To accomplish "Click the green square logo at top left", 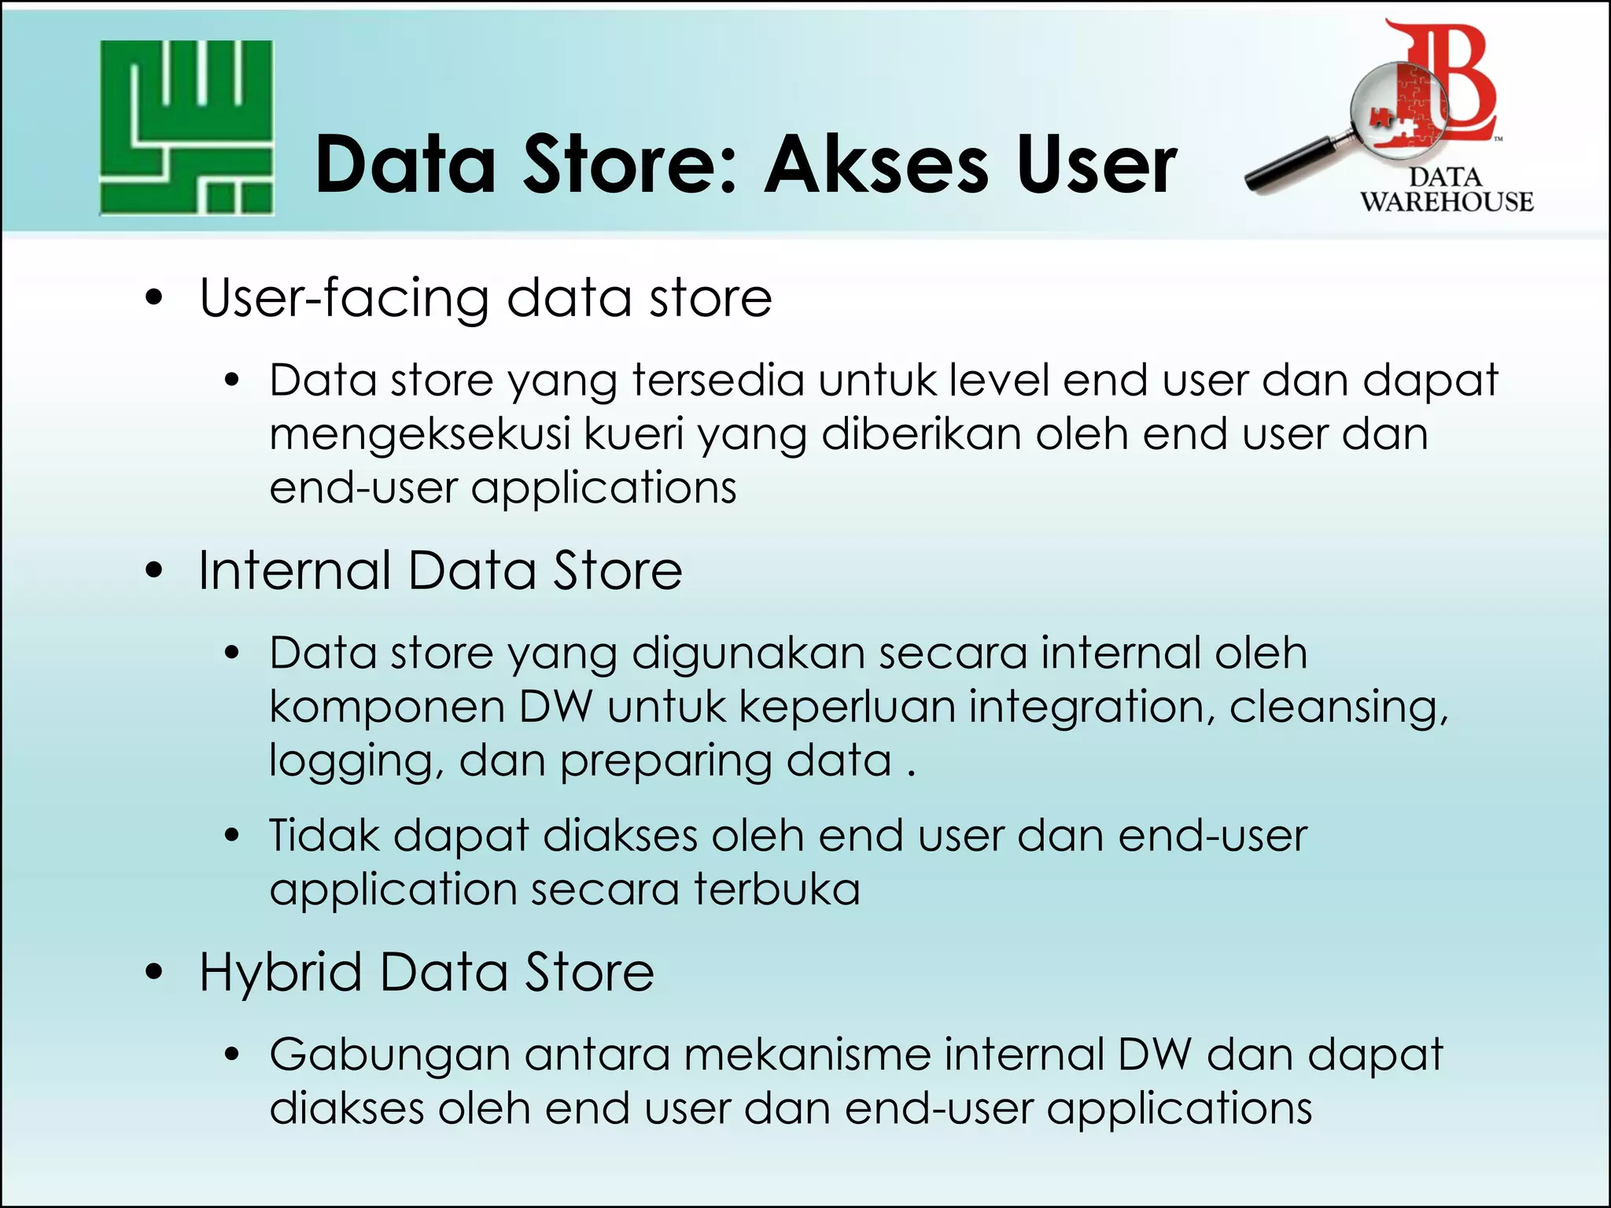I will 186,127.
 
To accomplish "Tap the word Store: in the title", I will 629,165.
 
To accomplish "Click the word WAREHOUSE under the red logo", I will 1447,202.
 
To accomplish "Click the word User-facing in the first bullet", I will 345,299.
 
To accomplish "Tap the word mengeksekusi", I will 419,435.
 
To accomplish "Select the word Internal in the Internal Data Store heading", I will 294,570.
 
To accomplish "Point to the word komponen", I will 387,707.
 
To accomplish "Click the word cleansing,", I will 1338,707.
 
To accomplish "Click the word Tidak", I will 324,835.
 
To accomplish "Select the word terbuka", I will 776,889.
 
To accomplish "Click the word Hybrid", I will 280,973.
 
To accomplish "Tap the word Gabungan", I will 390,1055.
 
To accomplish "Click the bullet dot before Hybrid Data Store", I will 154,972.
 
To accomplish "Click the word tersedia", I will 718,381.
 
